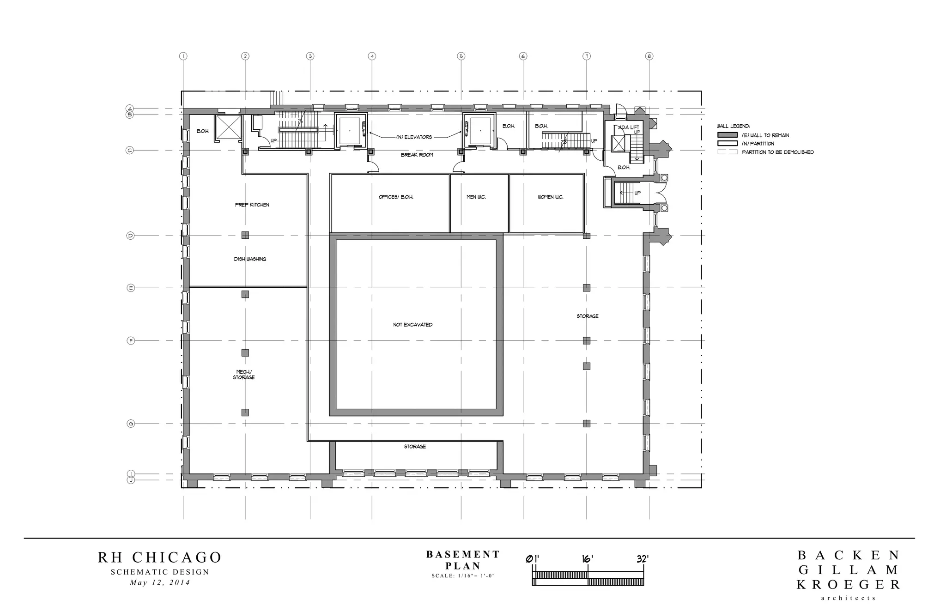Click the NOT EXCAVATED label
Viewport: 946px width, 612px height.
(412, 325)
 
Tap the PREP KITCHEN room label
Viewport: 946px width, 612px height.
(252, 205)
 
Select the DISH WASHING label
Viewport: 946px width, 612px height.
(250, 259)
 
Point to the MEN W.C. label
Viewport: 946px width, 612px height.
(476, 197)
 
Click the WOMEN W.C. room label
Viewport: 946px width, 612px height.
(550, 197)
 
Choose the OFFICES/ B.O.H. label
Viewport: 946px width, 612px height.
(396, 197)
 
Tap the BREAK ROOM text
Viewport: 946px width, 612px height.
(417, 155)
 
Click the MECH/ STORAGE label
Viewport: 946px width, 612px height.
(243, 375)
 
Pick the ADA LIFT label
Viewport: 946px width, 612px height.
(629, 127)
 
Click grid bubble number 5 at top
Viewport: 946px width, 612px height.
(461, 56)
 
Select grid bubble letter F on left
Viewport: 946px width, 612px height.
(131, 341)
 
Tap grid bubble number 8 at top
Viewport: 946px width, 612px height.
(649, 56)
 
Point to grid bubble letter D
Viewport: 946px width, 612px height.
(130, 236)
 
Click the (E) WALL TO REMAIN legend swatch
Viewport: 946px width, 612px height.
(727, 135)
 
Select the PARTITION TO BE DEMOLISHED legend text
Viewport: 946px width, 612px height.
(778, 152)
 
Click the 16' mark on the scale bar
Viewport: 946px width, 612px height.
(587, 559)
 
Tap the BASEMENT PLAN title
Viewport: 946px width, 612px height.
(463, 560)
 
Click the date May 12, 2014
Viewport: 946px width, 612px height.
(160, 582)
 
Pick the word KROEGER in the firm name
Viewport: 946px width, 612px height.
(849, 585)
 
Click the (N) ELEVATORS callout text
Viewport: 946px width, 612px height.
(414, 137)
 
